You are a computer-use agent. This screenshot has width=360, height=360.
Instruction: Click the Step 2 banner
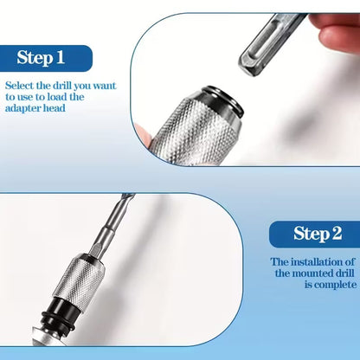click(x=312, y=234)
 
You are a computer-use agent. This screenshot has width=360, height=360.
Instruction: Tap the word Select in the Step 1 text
click(x=21, y=87)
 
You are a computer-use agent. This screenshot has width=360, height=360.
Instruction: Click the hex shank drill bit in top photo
click(x=268, y=43)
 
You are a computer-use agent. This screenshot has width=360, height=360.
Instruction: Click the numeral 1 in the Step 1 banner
click(x=60, y=58)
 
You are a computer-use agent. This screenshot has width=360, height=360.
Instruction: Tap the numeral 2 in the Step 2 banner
click(x=325, y=234)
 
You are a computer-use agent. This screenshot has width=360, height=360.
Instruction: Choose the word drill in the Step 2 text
click(x=338, y=273)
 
